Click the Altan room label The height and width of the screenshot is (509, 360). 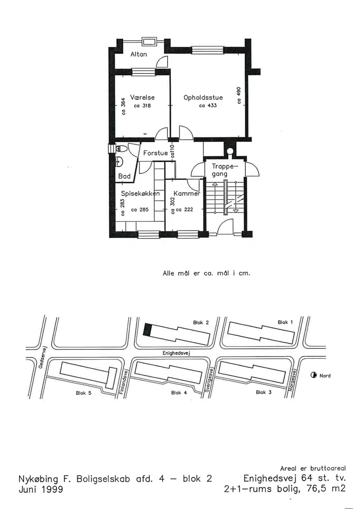[139, 54]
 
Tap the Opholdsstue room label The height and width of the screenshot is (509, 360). [203, 98]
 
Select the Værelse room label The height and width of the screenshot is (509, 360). [142, 97]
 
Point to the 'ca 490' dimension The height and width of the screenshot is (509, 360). [239, 95]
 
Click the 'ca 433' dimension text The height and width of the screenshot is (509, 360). [208, 105]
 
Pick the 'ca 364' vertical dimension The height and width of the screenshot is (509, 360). [123, 107]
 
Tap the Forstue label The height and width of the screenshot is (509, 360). [156, 153]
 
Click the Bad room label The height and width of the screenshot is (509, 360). [124, 176]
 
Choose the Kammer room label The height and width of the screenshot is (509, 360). [187, 194]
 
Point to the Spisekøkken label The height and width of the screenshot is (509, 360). [140, 194]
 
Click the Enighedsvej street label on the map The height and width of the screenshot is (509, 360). [175, 352]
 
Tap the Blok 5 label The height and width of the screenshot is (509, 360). [83, 393]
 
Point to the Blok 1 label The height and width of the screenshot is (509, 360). [285, 322]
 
